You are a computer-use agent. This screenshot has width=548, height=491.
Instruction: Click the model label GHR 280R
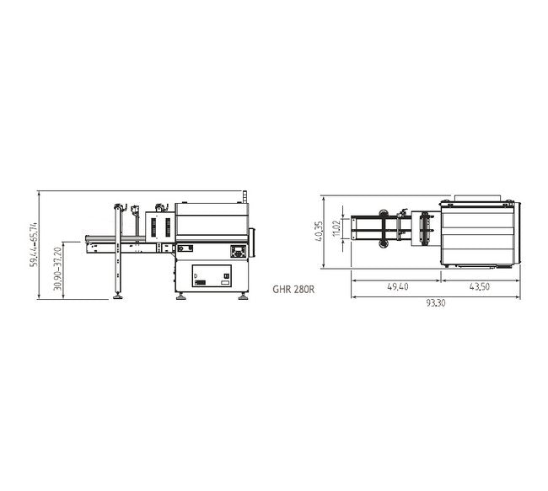point(293,288)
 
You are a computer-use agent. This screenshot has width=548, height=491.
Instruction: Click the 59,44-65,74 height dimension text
point(34,245)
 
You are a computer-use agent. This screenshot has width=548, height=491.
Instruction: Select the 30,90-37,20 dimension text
point(57,269)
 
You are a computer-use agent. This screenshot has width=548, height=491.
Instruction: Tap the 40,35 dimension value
point(319,232)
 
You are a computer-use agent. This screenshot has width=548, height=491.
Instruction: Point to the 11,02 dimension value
point(336,227)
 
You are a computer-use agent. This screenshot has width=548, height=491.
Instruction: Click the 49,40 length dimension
point(398,287)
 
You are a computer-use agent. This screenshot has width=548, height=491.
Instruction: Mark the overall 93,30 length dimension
point(436,303)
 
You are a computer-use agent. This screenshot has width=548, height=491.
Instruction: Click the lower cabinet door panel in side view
point(212,277)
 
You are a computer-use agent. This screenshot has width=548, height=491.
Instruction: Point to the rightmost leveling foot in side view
point(244,296)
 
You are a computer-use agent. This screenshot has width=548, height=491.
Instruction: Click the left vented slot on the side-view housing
point(153,227)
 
